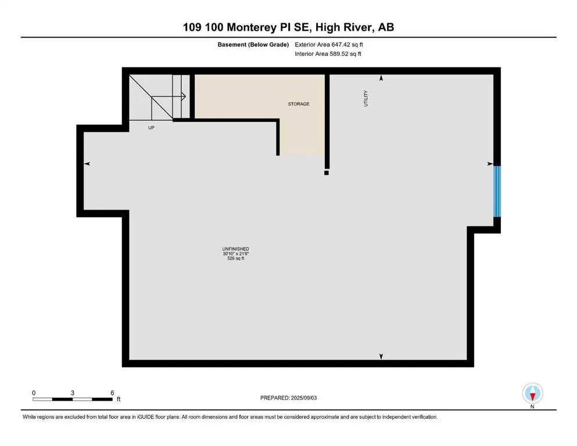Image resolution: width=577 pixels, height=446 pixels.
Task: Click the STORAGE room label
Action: (299, 104)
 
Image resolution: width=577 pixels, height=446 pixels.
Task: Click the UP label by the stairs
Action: (151, 127)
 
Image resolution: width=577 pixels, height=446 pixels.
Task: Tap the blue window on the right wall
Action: (497, 191)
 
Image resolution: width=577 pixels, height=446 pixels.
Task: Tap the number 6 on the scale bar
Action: (112, 393)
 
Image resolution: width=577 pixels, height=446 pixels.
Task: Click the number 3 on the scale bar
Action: (73, 393)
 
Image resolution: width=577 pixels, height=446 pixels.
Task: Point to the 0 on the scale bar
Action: (34, 393)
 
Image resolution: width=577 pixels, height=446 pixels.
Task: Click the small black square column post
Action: (327, 172)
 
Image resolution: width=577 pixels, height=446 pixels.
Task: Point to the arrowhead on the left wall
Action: (87, 164)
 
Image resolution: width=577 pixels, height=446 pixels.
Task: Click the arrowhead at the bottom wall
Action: (381, 356)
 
